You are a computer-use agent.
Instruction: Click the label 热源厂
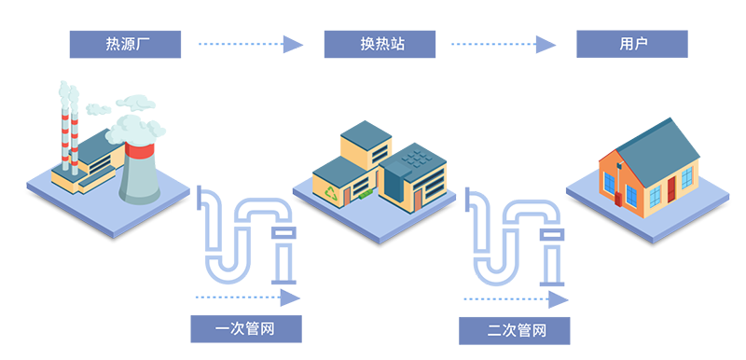pos(123,44)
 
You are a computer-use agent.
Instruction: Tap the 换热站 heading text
pos(383,44)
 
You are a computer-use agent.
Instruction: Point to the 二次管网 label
pos(516,330)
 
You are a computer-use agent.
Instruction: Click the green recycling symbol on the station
pos(333,191)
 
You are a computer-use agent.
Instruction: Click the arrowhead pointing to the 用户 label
pos(550,39)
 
